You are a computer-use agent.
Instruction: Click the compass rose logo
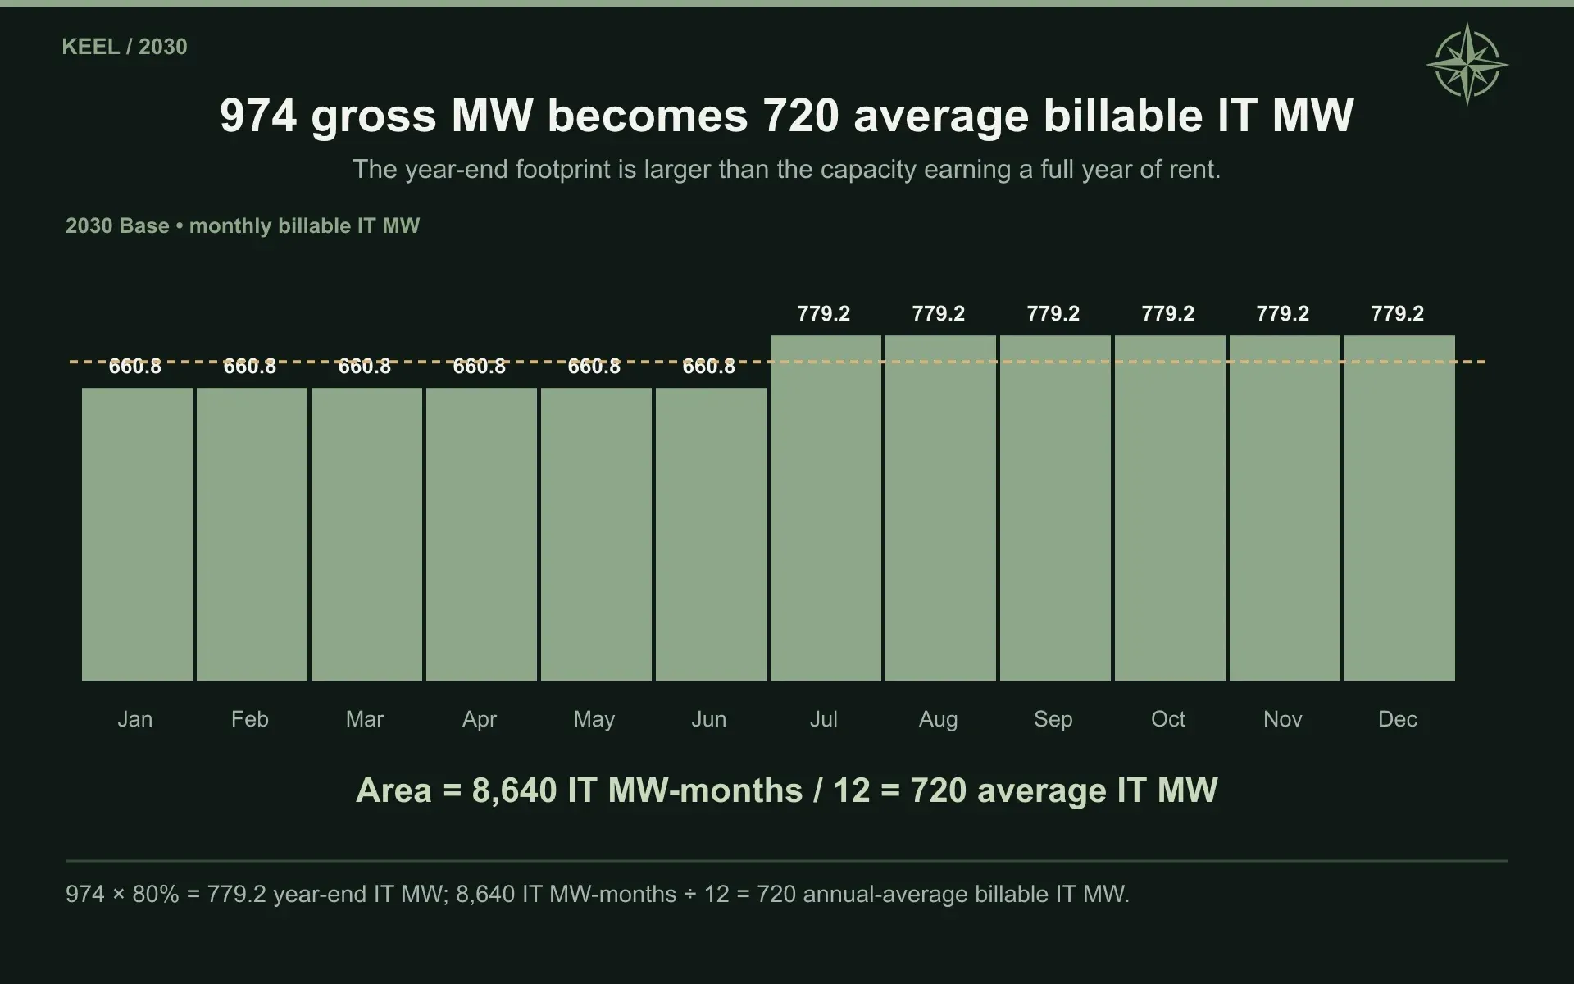tap(1467, 64)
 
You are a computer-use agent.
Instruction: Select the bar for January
tap(137, 534)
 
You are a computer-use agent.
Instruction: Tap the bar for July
tap(826, 508)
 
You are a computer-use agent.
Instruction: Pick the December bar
tap(1399, 508)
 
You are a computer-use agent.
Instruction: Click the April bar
tap(481, 534)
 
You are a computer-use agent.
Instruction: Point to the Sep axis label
tap(1053, 719)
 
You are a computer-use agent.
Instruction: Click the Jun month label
tap(709, 719)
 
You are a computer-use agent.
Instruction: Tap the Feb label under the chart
tap(250, 719)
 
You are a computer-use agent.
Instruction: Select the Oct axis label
tap(1168, 719)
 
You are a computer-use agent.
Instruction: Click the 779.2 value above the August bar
tap(939, 313)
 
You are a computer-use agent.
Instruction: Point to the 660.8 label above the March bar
tap(365, 366)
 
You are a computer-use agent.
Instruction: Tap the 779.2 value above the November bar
tap(1283, 313)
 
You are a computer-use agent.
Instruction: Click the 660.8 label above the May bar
tap(594, 366)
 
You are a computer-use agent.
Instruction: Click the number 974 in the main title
tap(258, 116)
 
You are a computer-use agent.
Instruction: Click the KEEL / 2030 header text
tap(125, 47)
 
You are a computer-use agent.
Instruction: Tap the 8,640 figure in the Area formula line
tap(515, 790)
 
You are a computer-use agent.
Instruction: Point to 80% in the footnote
tap(155, 894)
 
